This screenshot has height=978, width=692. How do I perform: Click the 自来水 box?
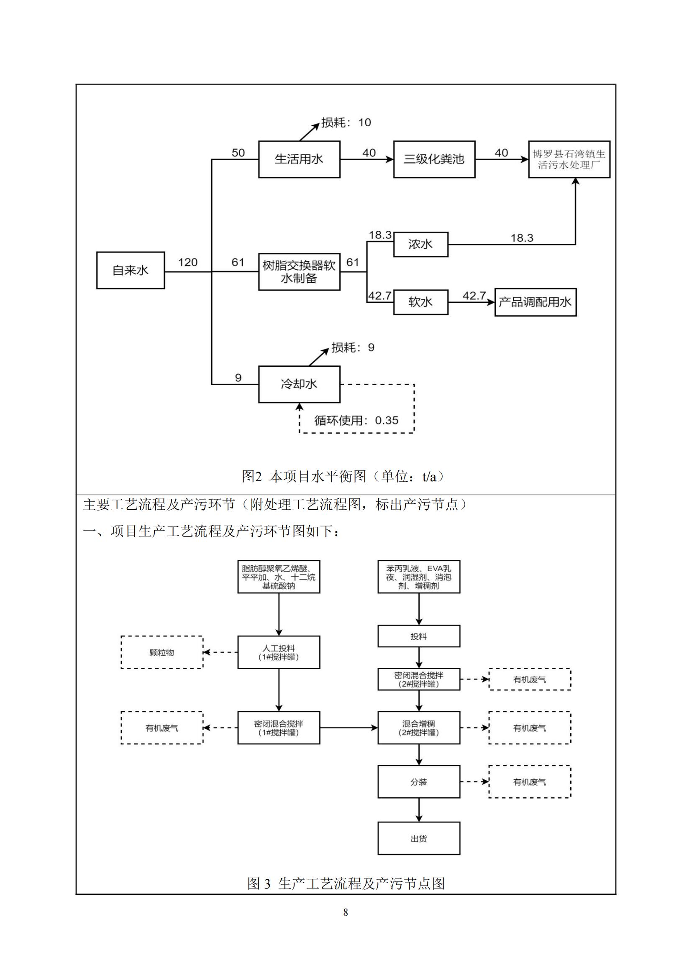point(131,270)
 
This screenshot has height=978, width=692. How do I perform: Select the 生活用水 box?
point(299,159)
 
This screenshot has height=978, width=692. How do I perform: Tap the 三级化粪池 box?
point(434,159)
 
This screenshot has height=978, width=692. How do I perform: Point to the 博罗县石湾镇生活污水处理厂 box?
point(569,159)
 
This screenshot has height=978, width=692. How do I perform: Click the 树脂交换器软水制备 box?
point(299,272)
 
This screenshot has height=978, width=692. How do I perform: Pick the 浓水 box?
point(420,245)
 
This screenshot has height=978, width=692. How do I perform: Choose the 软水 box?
point(420,302)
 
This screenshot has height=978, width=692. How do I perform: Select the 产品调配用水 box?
point(535,302)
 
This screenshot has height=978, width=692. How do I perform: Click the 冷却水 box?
point(299,384)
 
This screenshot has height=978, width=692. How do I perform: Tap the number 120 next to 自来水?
point(188,263)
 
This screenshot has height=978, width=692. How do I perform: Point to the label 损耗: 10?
point(346,123)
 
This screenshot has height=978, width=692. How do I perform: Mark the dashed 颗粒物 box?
point(162,652)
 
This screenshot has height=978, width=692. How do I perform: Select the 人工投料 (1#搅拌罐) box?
point(279,652)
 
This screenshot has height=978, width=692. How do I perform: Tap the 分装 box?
point(419,781)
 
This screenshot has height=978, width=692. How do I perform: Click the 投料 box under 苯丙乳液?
point(419,636)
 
